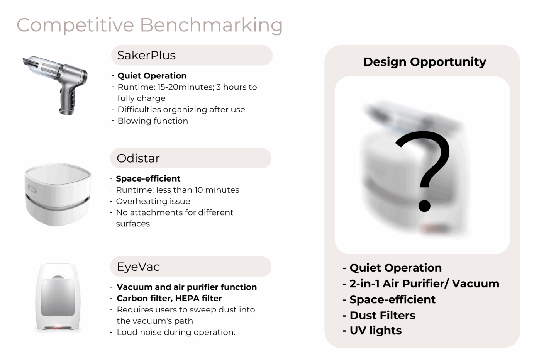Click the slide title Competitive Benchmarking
tap(150, 25)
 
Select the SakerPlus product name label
tap(146, 55)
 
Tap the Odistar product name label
tap(138, 158)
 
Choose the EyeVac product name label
tap(138, 267)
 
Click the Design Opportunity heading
tap(425, 62)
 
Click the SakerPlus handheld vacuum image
tap(55, 85)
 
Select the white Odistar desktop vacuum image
tap(58, 194)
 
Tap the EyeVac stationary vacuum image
tap(58, 297)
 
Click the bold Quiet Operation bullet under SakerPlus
tap(152, 76)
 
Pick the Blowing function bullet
tap(153, 121)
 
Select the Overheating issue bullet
tap(153, 201)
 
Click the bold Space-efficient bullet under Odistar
tap(148, 179)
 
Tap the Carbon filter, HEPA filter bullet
tap(169, 298)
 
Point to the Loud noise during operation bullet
tap(176, 332)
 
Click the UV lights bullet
tap(376, 331)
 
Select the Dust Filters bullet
tap(382, 315)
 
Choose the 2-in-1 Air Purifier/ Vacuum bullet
tap(424, 284)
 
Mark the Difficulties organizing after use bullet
tap(181, 109)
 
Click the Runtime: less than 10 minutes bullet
tap(178, 190)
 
